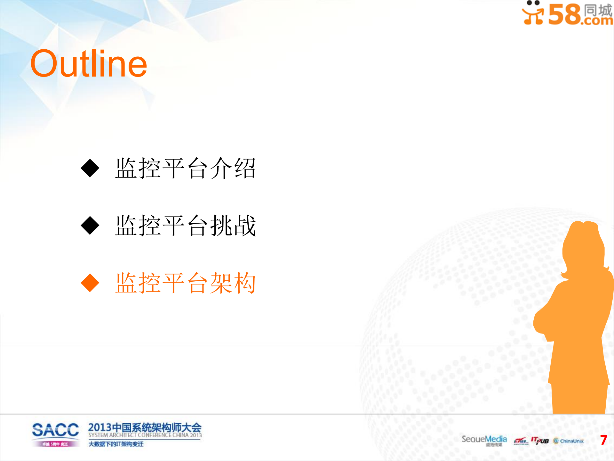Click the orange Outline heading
[x=89, y=64]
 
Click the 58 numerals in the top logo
[x=564, y=14]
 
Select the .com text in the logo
[x=597, y=21]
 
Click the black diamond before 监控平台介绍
[x=90, y=168]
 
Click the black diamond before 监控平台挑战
[x=90, y=226]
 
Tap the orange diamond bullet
[x=90, y=283]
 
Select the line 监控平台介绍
[x=185, y=168]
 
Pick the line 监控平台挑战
[x=185, y=226]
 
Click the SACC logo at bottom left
[x=55, y=430]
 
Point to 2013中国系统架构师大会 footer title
[x=145, y=427]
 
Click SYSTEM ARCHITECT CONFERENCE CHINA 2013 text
[x=145, y=435]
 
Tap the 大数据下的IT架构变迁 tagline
[x=116, y=444]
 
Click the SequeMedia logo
[x=484, y=439]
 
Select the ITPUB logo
[x=540, y=441]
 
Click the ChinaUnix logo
[x=569, y=441]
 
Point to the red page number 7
[x=603, y=440]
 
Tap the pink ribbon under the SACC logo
[x=55, y=444]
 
